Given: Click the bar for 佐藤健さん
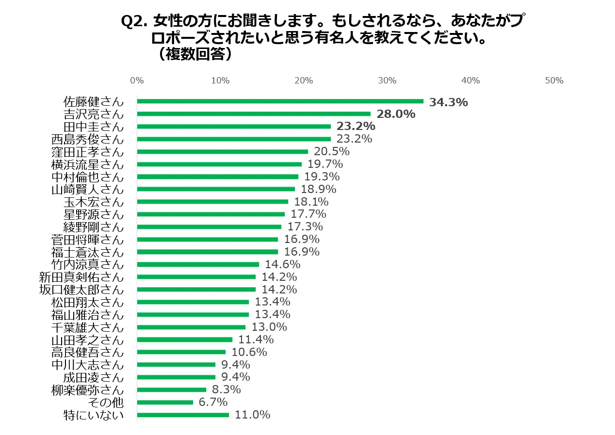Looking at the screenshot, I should [x=280, y=101].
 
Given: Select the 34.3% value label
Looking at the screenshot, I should [x=449, y=102].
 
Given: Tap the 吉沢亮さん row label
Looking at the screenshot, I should [x=94, y=114].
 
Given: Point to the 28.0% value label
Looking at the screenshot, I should [x=396, y=114].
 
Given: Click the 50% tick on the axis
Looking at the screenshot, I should [x=554, y=81].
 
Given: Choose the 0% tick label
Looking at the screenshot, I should [x=137, y=81].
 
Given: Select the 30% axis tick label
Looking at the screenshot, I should [x=387, y=81].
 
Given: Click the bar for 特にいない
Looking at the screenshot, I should [x=183, y=415].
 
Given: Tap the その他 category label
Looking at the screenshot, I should [x=106, y=403].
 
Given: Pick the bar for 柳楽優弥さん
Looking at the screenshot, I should [x=171, y=389].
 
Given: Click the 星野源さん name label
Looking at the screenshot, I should [x=94, y=214].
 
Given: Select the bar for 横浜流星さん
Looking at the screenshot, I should [x=219, y=164].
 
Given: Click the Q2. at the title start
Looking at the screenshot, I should [x=134, y=22].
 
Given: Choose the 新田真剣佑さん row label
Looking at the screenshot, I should [x=81, y=277].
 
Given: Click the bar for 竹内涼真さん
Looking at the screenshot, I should [x=198, y=264].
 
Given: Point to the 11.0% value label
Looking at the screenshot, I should [x=252, y=415].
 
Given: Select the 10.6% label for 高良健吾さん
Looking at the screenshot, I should [x=249, y=352].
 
